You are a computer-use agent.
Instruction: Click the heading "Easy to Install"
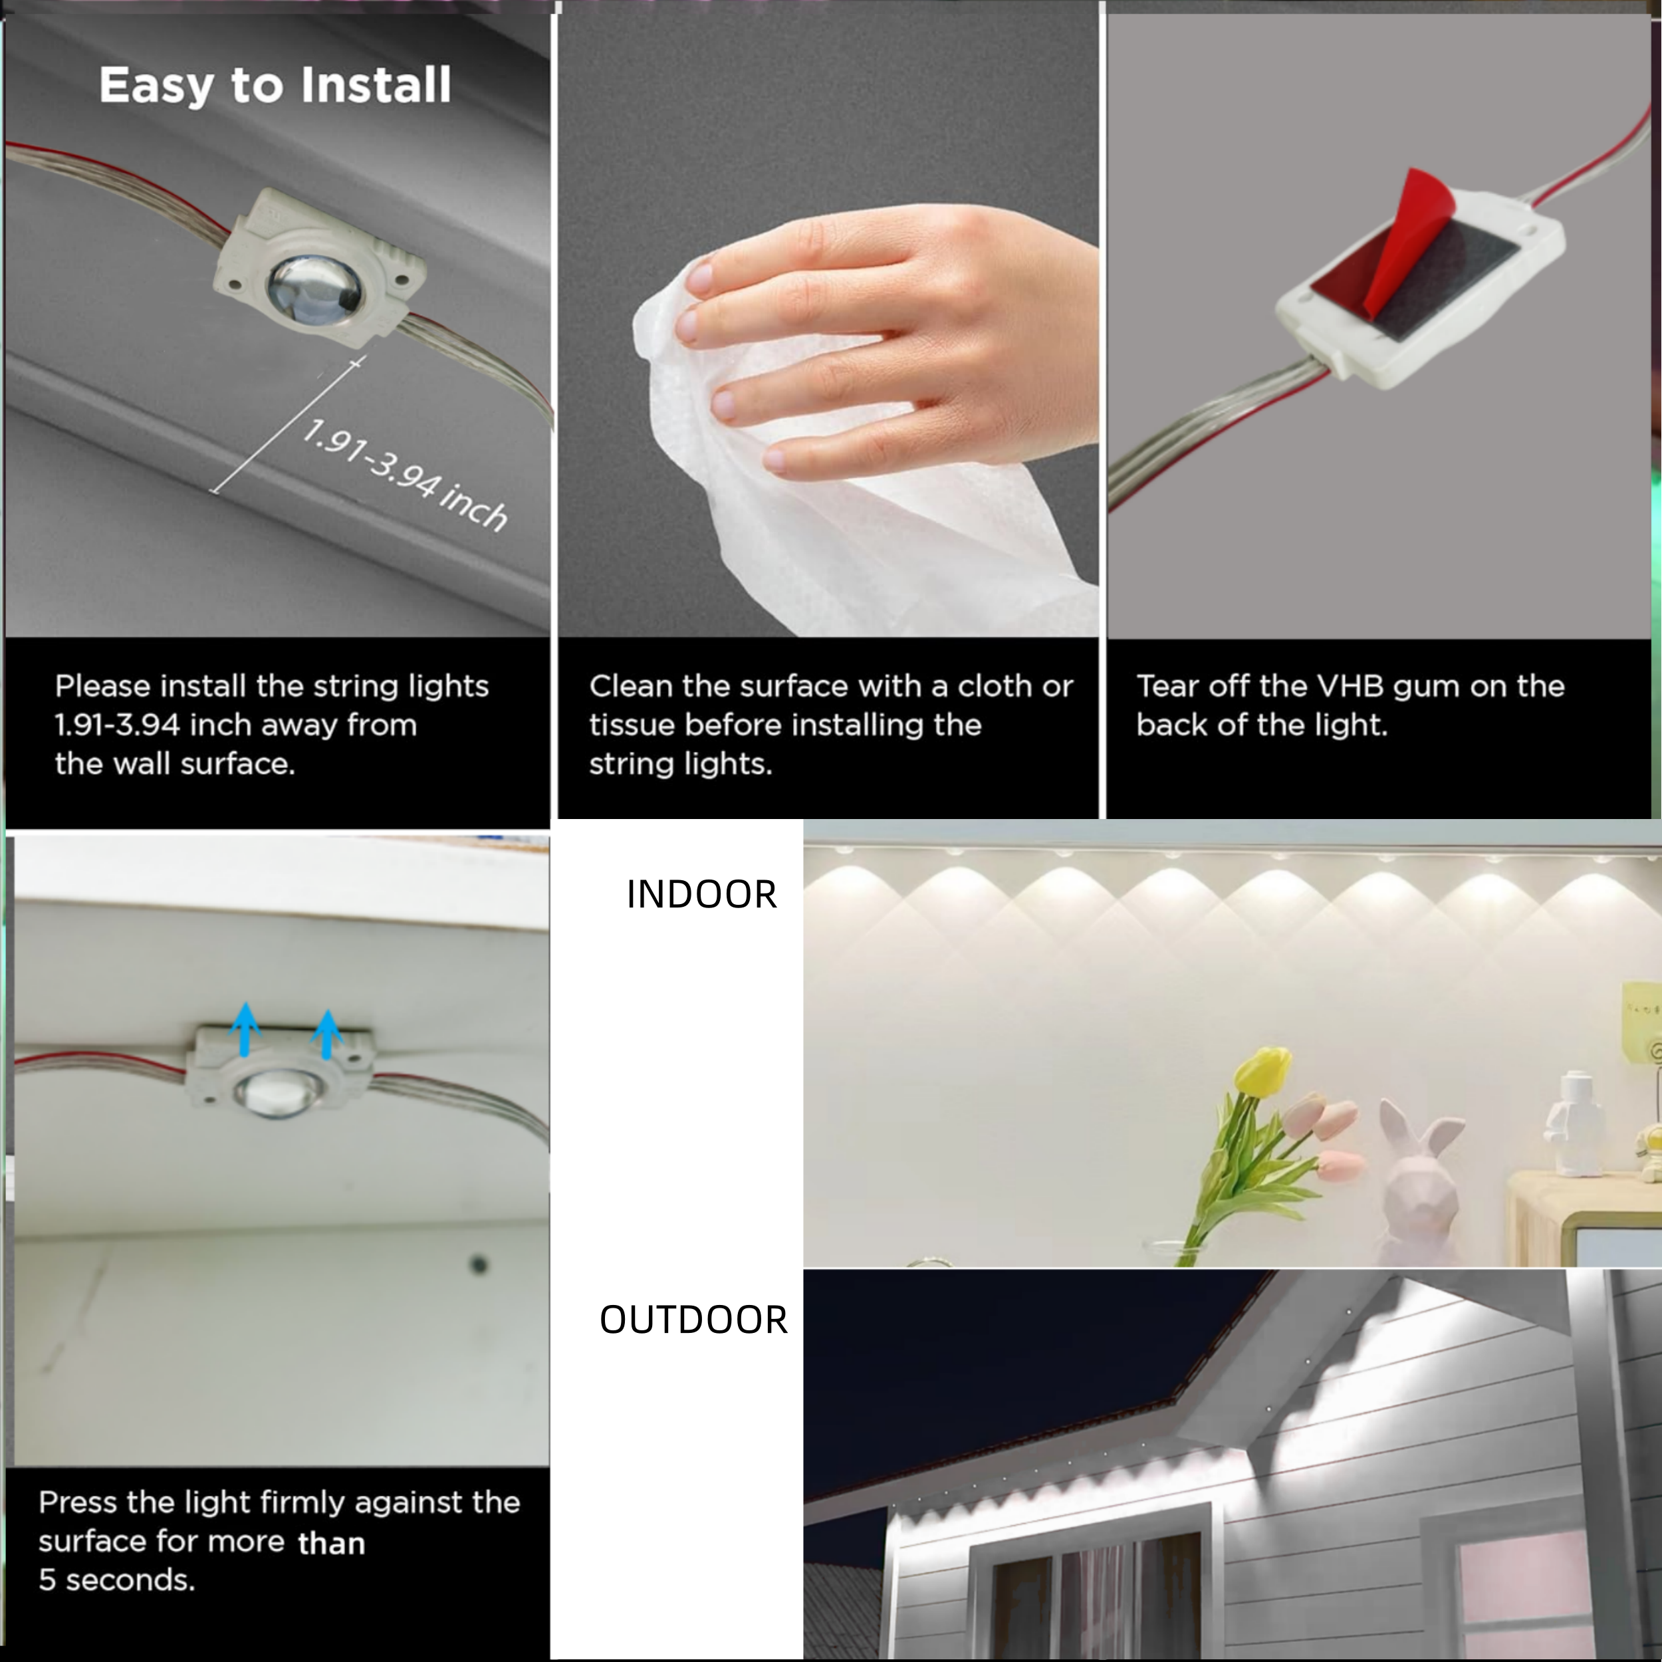tap(275, 86)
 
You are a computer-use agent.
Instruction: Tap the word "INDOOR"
tap(701, 895)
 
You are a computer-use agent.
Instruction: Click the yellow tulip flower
tap(1262, 1071)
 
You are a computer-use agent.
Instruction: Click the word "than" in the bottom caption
tap(331, 1542)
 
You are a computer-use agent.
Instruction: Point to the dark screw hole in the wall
tap(479, 1264)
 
